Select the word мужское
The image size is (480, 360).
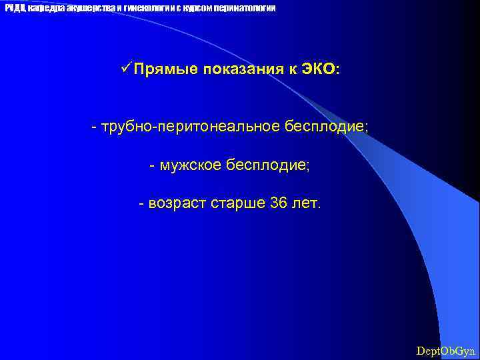[188, 165]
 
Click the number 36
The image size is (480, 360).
[279, 203]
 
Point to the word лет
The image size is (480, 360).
[307, 203]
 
